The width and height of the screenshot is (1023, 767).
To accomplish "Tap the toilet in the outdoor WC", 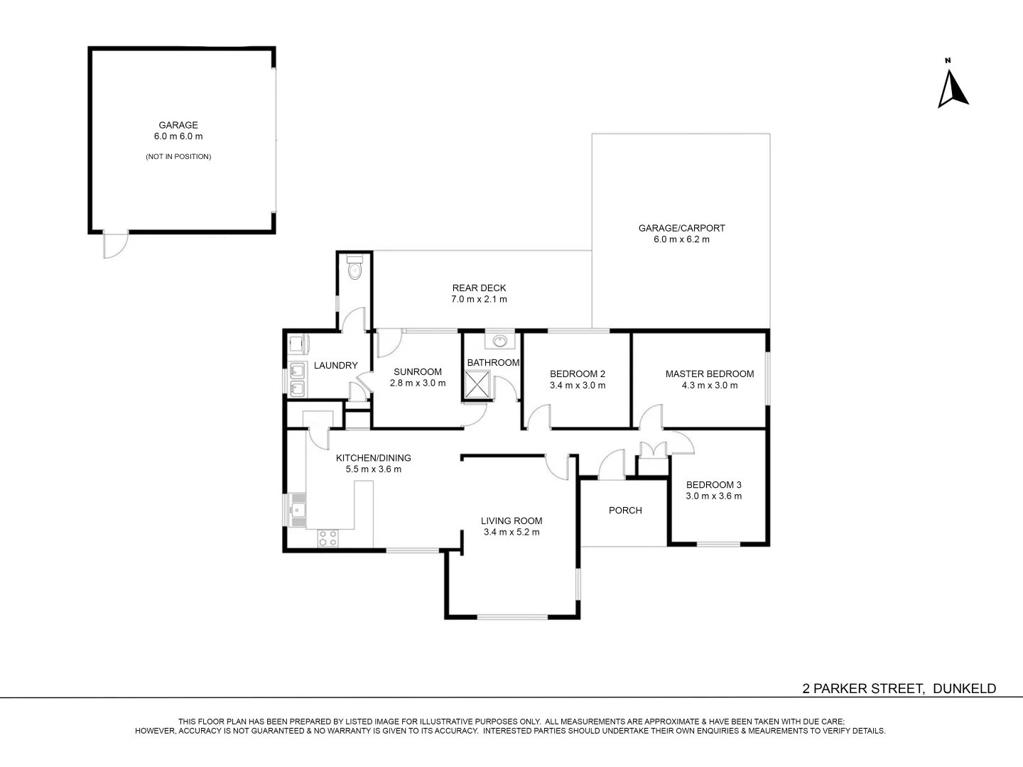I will [x=355, y=270].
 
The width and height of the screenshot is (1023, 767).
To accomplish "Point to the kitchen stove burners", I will [x=328, y=538].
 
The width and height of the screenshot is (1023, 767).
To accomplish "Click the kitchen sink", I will [x=297, y=509].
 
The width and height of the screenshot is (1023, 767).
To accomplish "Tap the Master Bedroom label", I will [x=709, y=374].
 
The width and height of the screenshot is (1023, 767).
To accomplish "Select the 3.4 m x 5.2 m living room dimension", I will [x=511, y=532].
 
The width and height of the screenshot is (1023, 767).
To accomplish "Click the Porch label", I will [x=625, y=510].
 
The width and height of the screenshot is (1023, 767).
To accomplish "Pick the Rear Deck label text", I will [x=479, y=288].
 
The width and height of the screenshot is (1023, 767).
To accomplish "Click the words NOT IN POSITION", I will [x=178, y=156].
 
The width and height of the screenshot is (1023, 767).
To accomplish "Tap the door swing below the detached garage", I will [x=115, y=245].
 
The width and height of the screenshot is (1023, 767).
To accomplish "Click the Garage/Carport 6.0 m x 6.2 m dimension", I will [x=681, y=239].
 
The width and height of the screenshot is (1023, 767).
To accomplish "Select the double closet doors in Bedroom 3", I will [x=651, y=449].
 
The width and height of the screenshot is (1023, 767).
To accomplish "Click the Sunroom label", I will [x=418, y=371].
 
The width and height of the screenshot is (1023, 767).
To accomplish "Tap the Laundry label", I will [x=335, y=365].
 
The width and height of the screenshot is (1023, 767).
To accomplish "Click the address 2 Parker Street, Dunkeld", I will [x=899, y=688].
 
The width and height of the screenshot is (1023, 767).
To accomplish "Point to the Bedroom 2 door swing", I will [x=541, y=418].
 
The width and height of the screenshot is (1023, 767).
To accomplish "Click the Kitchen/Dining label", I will [x=373, y=457].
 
